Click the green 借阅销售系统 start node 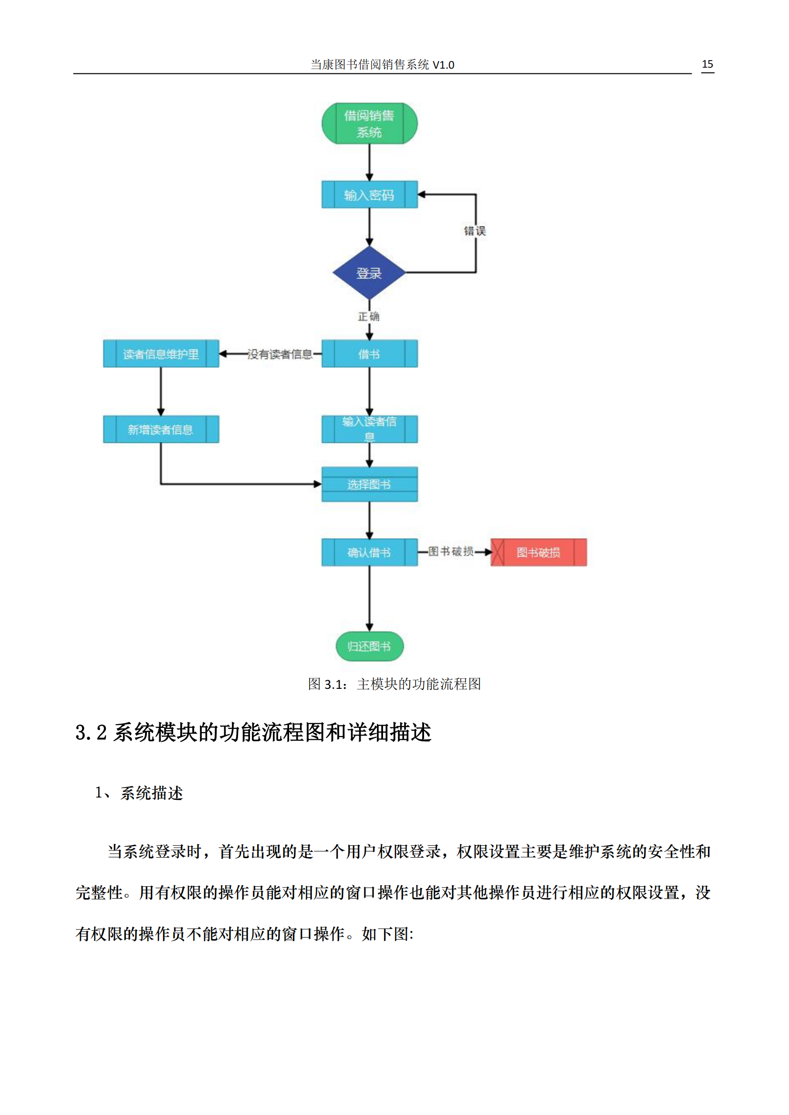coord(369,123)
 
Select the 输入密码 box coord(369,195)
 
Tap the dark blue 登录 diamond coord(369,273)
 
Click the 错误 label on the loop coord(475,231)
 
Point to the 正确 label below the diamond coord(369,317)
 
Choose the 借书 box coord(369,354)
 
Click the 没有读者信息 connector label coord(280,355)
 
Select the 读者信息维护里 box coord(161,354)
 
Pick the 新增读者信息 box coord(161,430)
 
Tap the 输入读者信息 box coord(369,429)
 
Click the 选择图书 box coord(369,484)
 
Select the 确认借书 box coord(369,552)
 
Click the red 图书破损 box coord(538,552)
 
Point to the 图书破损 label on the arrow coord(451,552)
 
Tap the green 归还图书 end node coord(369,646)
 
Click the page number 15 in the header coord(707,64)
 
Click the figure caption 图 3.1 coord(327,684)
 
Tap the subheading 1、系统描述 coord(139,794)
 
